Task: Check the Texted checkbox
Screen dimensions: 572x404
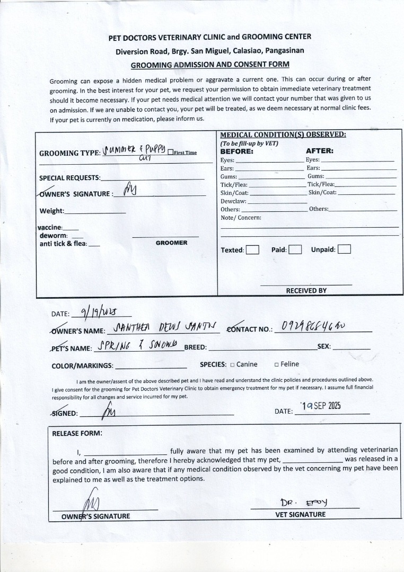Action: (x=252, y=250)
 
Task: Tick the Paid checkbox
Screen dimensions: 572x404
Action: (x=295, y=249)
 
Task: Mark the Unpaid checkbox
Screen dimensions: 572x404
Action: (x=344, y=249)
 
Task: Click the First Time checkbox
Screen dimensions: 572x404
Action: (x=170, y=153)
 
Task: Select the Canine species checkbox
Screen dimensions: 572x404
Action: (x=232, y=364)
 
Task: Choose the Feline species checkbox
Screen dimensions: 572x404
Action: (x=276, y=364)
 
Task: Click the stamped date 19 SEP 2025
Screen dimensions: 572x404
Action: (x=320, y=406)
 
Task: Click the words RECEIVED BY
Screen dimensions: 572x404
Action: (x=306, y=291)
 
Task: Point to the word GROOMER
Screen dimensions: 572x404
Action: (x=171, y=243)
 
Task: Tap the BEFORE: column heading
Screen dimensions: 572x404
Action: (x=236, y=151)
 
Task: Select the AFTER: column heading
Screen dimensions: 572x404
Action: (x=319, y=151)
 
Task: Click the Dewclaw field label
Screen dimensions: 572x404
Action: (x=233, y=201)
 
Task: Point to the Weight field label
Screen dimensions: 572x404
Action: (x=52, y=211)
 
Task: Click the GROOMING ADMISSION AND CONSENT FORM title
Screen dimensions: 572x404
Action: (x=210, y=65)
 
